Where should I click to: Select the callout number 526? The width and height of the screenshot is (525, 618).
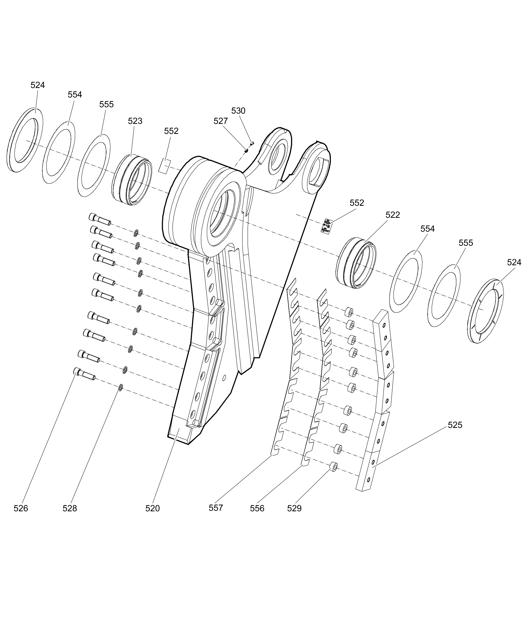21,508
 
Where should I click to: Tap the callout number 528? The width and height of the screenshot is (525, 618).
70,508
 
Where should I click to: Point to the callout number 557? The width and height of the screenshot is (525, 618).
216,508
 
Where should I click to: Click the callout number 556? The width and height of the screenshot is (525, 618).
257,508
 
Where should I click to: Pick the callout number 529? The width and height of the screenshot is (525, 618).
294,508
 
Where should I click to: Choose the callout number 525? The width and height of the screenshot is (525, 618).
455,425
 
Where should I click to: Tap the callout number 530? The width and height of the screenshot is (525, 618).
238,111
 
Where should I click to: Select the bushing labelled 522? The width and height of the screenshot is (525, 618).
356,263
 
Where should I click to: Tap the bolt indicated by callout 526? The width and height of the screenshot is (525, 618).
85,374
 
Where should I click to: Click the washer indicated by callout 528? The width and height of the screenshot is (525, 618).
120,387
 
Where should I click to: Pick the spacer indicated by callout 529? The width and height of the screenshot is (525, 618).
333,467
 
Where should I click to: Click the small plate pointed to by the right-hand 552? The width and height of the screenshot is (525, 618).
326,225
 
